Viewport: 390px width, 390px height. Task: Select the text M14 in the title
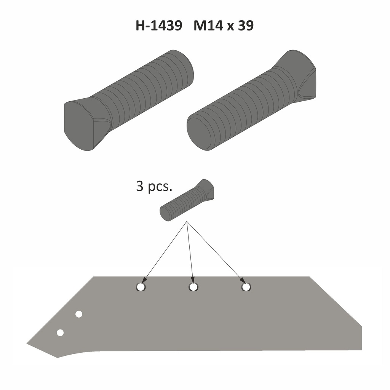(x=209, y=26)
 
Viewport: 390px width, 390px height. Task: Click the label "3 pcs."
(x=154, y=187)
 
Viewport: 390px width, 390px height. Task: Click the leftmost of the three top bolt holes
(x=141, y=287)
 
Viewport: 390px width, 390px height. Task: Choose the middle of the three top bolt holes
(x=193, y=287)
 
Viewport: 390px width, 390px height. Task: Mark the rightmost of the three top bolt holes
(x=246, y=287)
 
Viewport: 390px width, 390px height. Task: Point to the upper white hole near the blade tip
(x=79, y=314)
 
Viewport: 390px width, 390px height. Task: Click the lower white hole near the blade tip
(x=60, y=332)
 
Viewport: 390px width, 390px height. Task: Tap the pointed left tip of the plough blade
(x=28, y=344)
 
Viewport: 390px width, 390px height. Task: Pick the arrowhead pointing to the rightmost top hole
(x=243, y=281)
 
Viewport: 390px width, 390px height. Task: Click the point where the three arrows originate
(x=187, y=222)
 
